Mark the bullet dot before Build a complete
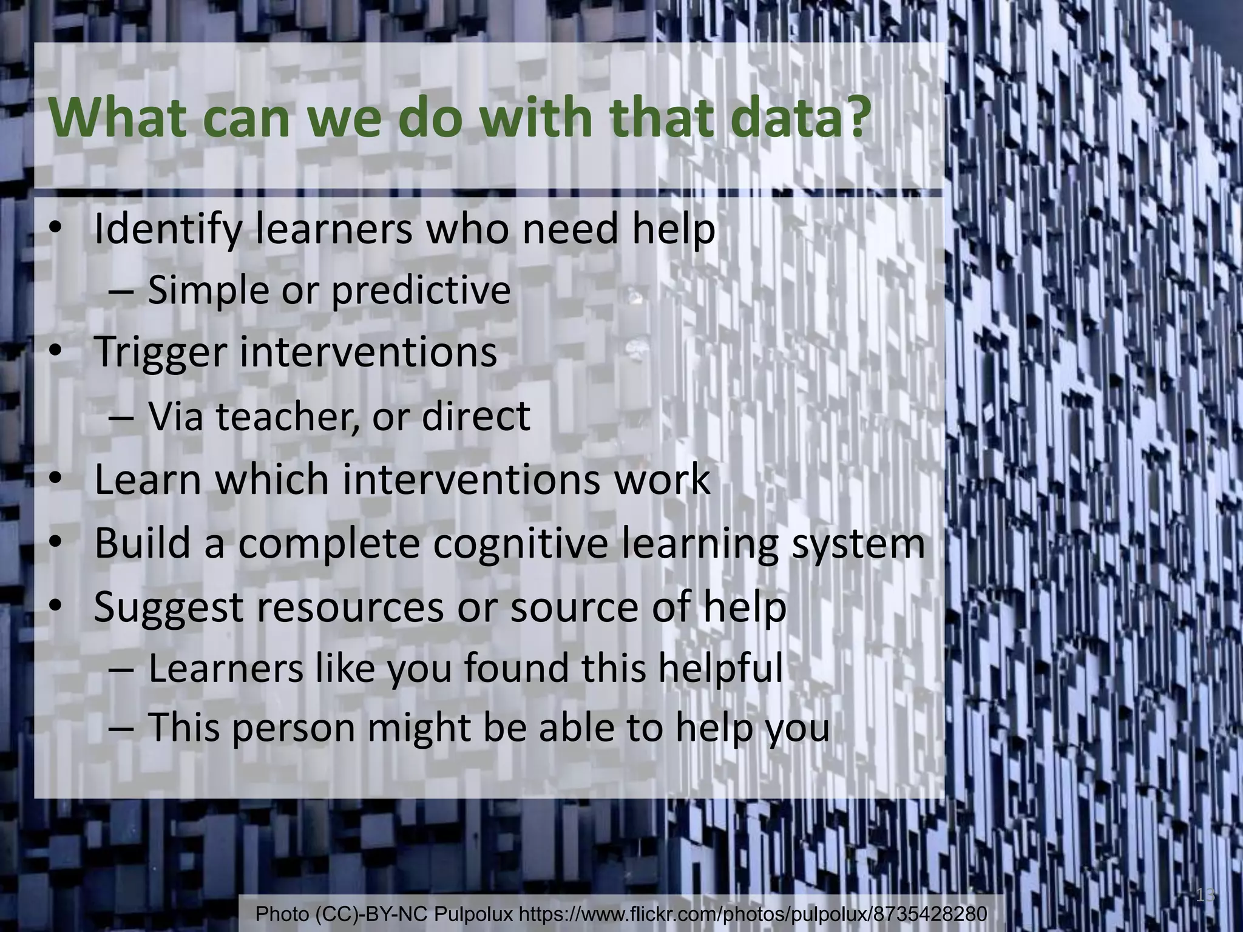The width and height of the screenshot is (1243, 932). pyautogui.click(x=55, y=543)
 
